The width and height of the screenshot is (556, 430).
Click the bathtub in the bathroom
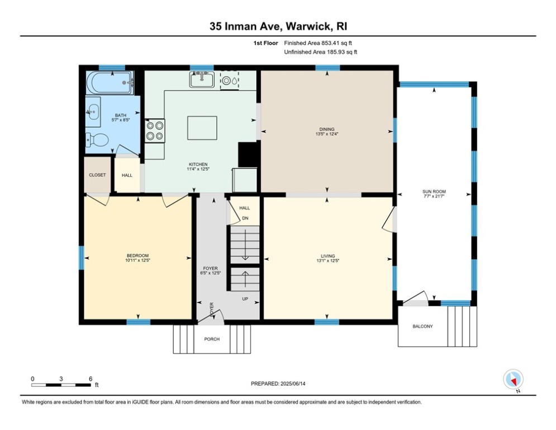[110, 83]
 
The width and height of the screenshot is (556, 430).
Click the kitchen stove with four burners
[155, 130]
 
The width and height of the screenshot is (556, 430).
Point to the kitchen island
[201, 128]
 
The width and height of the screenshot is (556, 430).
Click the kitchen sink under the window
[201, 80]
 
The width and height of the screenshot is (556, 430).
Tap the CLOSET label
[97, 175]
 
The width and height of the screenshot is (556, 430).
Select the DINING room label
[327, 129]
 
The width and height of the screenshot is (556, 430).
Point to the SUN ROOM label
[434, 192]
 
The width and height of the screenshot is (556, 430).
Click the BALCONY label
[422, 326]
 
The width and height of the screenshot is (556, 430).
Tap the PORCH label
[212, 339]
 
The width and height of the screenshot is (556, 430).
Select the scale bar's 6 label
[91, 378]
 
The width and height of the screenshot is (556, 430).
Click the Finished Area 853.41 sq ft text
[319, 43]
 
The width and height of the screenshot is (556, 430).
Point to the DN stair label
[245, 218]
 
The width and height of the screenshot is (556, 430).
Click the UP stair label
[245, 298]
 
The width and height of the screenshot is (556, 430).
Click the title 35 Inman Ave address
[278, 26]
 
